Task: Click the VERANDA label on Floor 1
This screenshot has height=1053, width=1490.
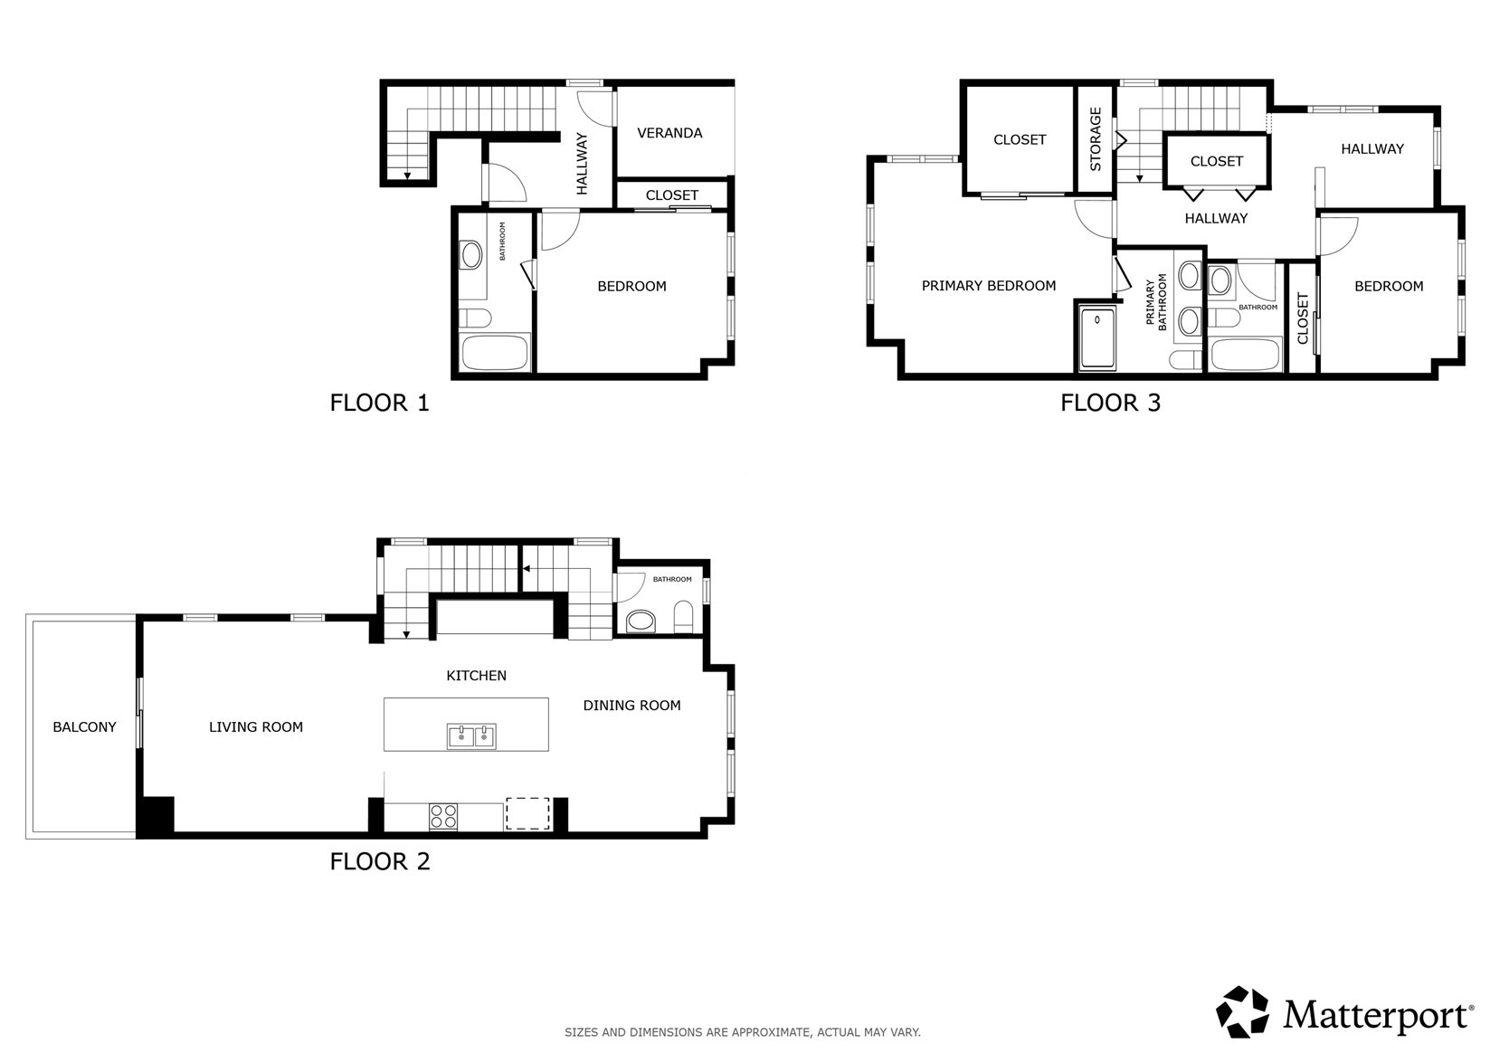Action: [x=669, y=133]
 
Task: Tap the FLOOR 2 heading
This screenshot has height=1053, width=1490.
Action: [x=380, y=862]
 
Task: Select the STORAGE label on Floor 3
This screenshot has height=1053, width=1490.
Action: [x=1096, y=139]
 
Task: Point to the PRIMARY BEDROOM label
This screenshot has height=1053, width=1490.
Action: [x=989, y=286]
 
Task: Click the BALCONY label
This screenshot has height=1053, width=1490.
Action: [x=84, y=727]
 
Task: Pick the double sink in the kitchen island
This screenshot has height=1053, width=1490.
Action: [x=471, y=737]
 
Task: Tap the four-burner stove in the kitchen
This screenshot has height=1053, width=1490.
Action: [x=443, y=816]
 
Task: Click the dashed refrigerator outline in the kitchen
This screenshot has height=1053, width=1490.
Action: [x=527, y=813]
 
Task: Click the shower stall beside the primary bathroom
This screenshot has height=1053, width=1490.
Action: [x=1097, y=338]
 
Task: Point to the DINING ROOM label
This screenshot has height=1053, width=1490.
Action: [x=632, y=706]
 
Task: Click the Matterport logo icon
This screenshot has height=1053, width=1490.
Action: [x=1242, y=1011]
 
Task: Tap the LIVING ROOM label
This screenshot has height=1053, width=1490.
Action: [x=256, y=727]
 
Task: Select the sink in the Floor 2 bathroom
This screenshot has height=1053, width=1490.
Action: [x=641, y=621]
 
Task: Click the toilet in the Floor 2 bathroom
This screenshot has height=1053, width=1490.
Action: [x=684, y=617]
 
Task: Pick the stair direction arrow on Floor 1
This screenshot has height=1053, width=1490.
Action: [x=407, y=175]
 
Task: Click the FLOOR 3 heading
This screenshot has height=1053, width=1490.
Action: [x=1110, y=403]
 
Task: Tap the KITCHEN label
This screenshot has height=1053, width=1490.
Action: [x=476, y=676]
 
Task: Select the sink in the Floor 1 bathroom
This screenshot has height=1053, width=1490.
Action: [x=471, y=255]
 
